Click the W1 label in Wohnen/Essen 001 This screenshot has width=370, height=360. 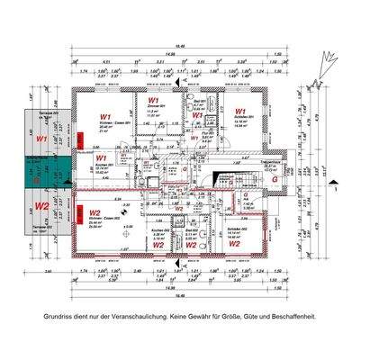[105, 117]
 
